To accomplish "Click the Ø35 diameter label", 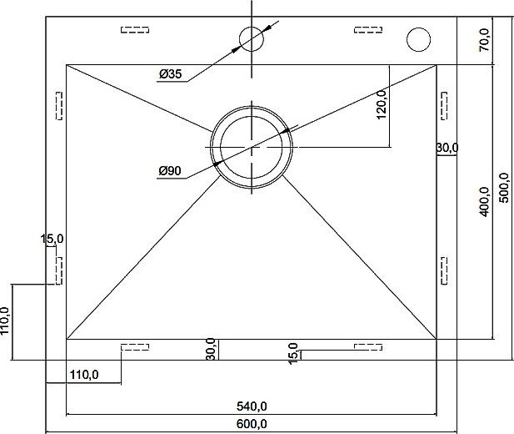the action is click(170, 73).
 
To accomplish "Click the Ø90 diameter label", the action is click(170, 170).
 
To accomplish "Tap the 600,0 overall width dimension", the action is click(252, 424).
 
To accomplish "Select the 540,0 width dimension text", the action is click(252, 406).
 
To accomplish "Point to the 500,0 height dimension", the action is click(503, 188).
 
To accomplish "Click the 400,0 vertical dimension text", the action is click(484, 201).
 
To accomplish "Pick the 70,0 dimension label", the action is click(484, 40).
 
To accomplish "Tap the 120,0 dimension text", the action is click(382, 104).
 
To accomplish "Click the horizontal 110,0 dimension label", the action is click(84, 375).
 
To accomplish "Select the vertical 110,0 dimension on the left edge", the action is click(5, 320).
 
